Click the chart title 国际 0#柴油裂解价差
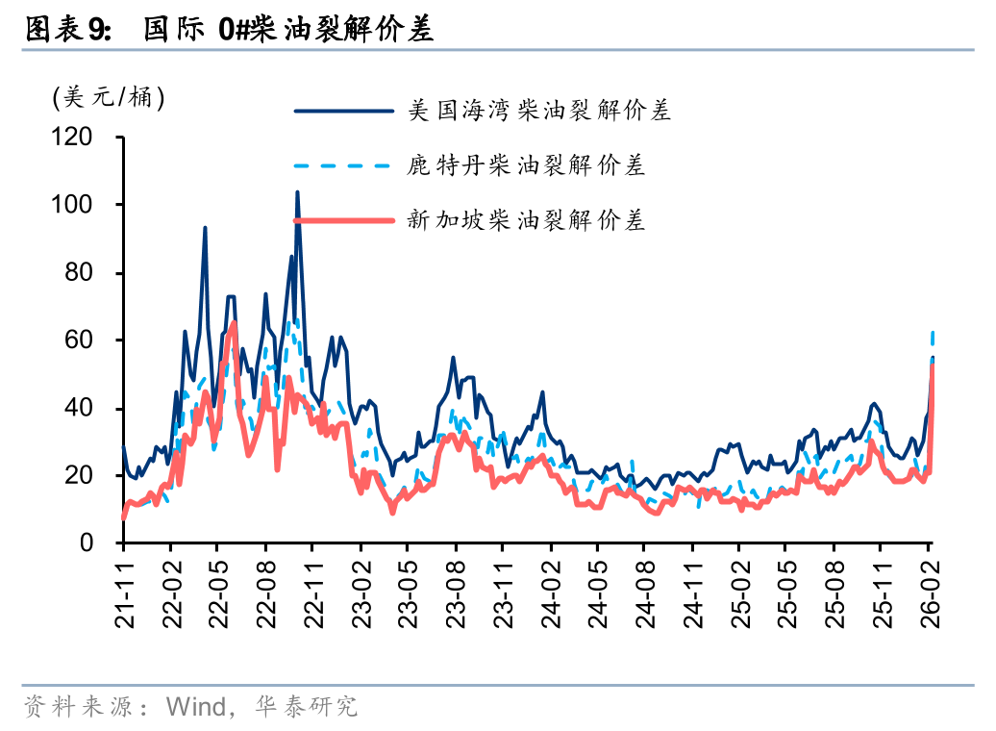coord(288,30)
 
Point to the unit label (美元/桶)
coord(109,97)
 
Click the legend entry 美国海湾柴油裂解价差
coord(538,111)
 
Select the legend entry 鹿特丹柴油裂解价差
coord(525,165)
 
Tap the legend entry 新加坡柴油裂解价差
coord(525,220)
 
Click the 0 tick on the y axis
coord(87,543)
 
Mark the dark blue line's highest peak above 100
coord(297,192)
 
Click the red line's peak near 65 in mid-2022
coord(234,323)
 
